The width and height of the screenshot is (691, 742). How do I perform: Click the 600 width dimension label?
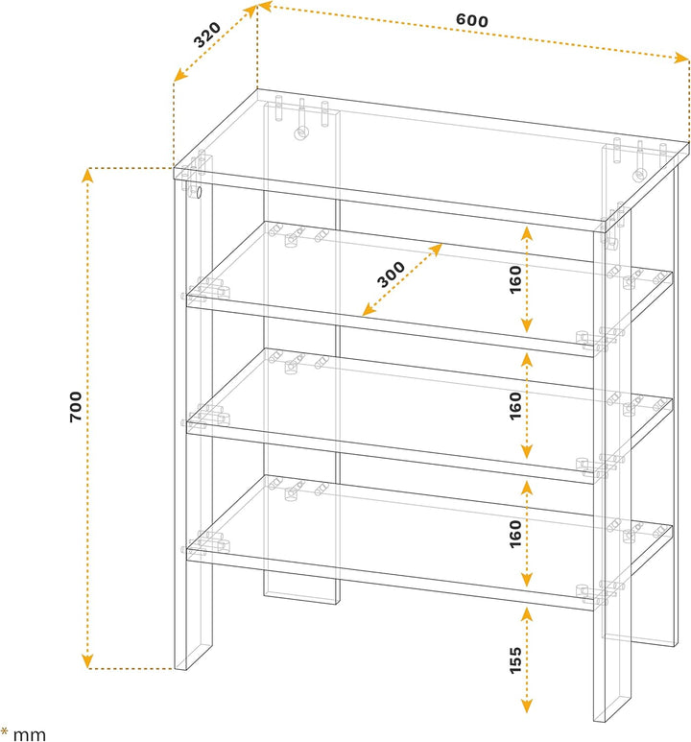(472, 20)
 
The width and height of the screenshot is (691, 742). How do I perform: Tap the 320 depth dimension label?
(207, 35)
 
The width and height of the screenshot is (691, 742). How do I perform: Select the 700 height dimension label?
(76, 406)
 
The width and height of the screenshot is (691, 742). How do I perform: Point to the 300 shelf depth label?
(391, 275)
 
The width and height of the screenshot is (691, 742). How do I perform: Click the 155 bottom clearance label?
(515, 660)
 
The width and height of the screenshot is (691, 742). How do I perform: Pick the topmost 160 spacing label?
(515, 279)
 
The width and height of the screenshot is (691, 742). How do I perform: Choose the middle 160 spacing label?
(515, 405)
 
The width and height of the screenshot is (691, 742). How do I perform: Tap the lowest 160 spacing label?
(515, 534)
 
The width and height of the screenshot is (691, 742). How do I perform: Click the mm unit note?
(30, 734)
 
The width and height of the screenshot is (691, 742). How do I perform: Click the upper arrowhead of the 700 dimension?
(87, 175)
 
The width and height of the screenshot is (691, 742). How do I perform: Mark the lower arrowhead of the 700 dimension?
(87, 661)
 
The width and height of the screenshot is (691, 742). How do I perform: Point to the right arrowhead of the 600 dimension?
(682, 58)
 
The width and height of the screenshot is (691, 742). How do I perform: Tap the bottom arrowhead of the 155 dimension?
(527, 706)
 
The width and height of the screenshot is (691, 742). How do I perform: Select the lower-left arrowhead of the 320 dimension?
(179, 75)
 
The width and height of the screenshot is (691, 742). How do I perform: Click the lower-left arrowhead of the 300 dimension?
(369, 310)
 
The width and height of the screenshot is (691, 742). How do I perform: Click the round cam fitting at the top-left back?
(300, 133)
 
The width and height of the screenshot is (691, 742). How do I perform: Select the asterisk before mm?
(4, 731)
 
